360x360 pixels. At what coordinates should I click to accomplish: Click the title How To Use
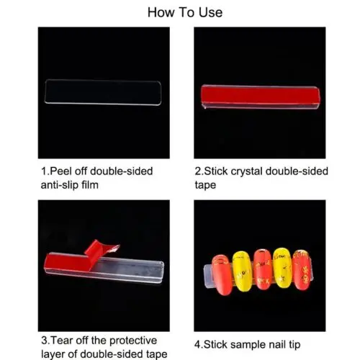coord(185,12)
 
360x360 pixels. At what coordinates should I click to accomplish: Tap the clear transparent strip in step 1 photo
coord(103,92)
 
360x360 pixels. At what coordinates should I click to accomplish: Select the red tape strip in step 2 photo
coord(261,95)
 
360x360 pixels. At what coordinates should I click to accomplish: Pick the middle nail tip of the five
coord(263,269)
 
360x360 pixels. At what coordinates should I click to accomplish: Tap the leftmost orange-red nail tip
coord(222,275)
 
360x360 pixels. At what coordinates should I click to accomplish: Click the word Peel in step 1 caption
coord(61,171)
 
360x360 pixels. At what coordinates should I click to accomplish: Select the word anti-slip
coord(60,185)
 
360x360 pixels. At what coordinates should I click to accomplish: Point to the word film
coord(90,185)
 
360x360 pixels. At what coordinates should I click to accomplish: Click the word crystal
coord(246,172)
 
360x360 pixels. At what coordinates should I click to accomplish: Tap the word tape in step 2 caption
coord(205,186)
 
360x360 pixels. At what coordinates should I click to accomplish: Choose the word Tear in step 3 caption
coord(61,341)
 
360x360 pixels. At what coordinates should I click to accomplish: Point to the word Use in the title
coord(210,12)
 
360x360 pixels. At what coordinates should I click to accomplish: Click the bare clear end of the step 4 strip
coord(208,276)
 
